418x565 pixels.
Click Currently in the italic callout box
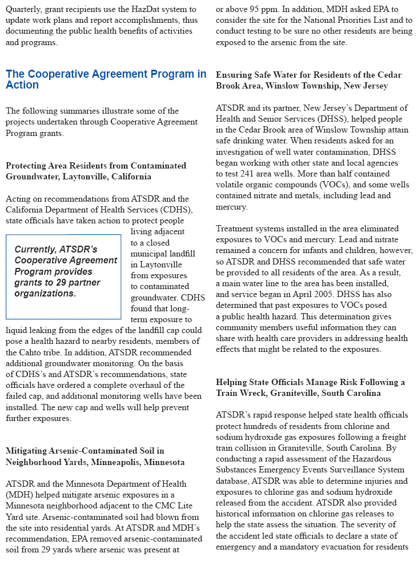pos(35,250)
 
